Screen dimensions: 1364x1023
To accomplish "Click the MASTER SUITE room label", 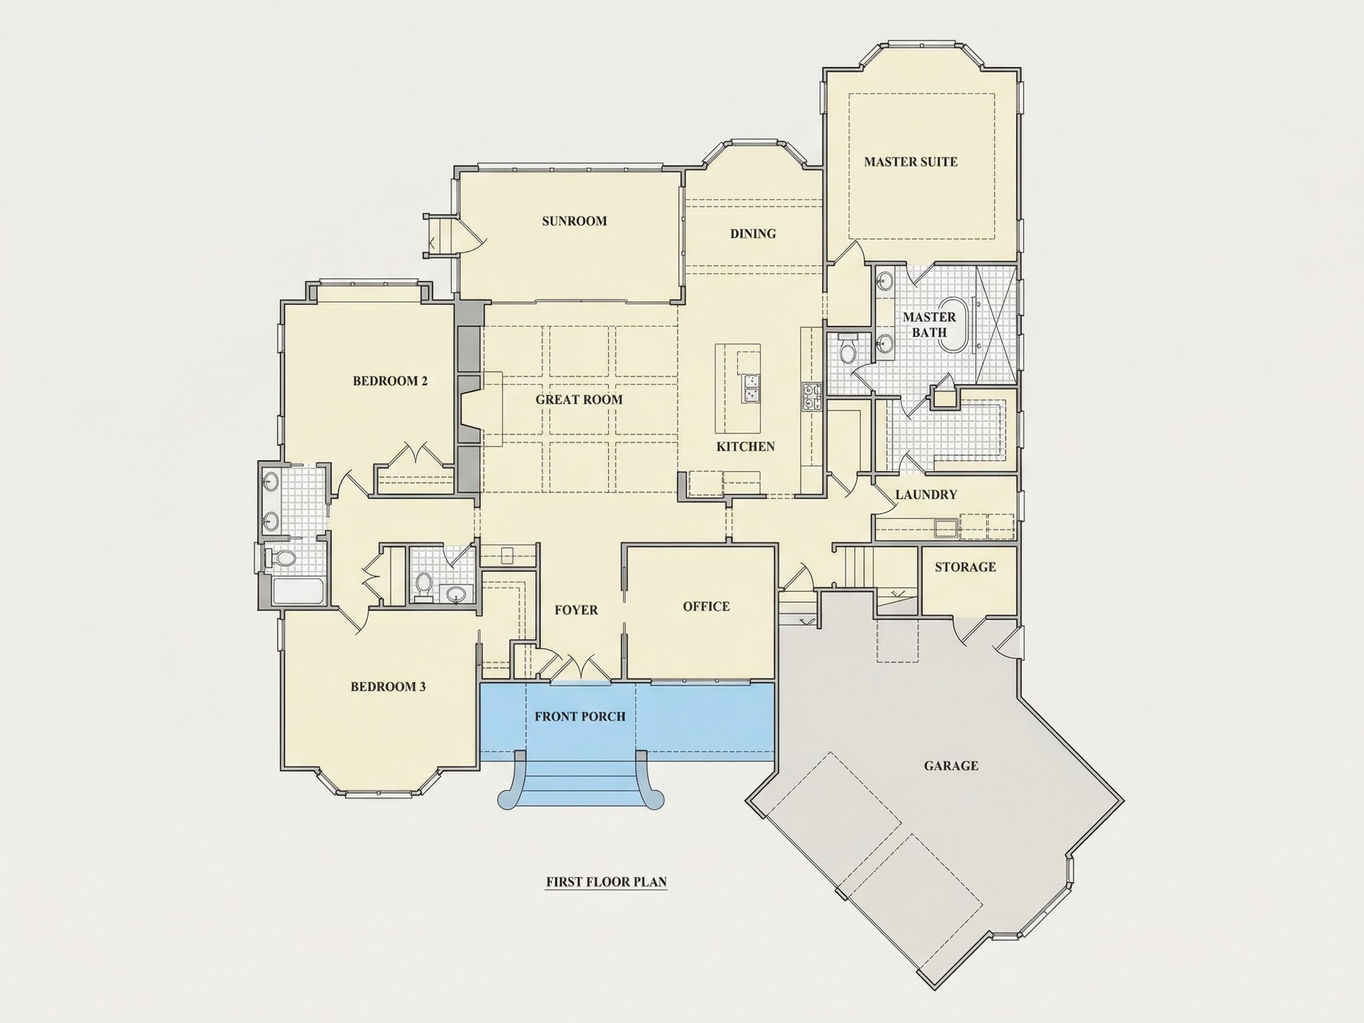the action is click(910, 162).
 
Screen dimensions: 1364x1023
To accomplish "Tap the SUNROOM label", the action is click(574, 221).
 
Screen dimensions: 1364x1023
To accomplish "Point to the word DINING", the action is click(753, 234).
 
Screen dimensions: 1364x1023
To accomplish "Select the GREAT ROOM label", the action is click(579, 400).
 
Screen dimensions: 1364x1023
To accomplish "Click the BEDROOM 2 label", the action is click(390, 381).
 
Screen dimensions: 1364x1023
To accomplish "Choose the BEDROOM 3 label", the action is click(388, 687).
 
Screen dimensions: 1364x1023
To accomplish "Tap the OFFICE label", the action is click(706, 607).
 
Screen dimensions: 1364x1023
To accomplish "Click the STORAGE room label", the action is click(965, 567).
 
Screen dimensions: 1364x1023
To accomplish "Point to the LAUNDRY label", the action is click(926, 494).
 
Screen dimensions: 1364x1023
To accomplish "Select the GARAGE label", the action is click(951, 766).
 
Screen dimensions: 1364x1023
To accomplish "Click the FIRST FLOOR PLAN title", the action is click(606, 882).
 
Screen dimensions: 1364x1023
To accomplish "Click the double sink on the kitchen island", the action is click(751, 388).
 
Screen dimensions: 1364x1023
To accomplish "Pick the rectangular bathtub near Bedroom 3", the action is click(298, 591).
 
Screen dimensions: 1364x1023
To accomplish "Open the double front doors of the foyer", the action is click(580, 669).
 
